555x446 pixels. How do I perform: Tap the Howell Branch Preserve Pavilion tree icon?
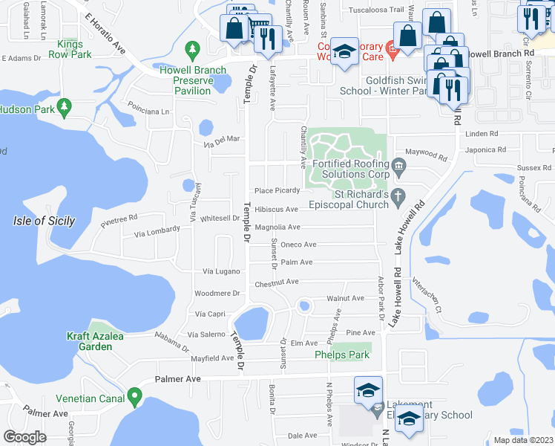193,50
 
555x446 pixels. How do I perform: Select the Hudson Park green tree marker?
64,107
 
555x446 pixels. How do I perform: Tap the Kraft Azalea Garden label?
93,341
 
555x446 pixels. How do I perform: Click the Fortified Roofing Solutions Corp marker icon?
399,164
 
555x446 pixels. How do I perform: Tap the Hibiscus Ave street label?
277,210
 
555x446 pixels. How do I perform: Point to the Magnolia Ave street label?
277,227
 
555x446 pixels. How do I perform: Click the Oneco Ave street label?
298,244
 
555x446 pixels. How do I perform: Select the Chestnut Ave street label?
276,282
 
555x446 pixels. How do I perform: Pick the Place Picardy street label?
277,190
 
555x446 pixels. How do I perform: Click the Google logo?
24,437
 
